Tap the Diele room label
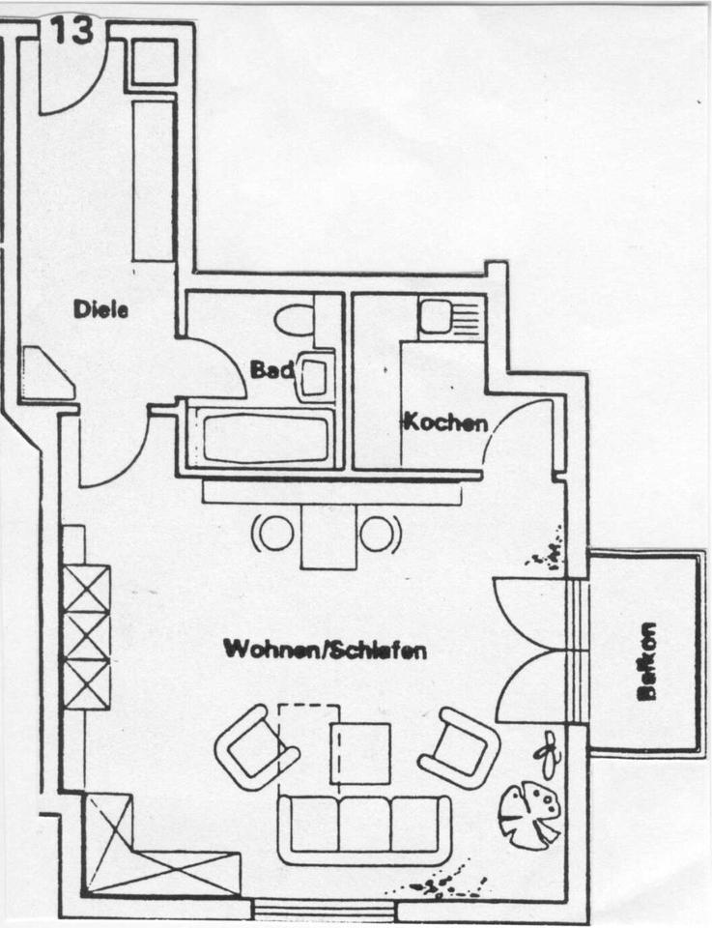coord(101,309)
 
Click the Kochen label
coord(444,422)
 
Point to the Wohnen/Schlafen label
coord(325,650)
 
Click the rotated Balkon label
coord(645,662)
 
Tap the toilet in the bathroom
coord(294,318)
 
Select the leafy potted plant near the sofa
coord(529,814)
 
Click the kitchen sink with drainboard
coord(449,316)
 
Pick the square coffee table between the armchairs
coord(360,753)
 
